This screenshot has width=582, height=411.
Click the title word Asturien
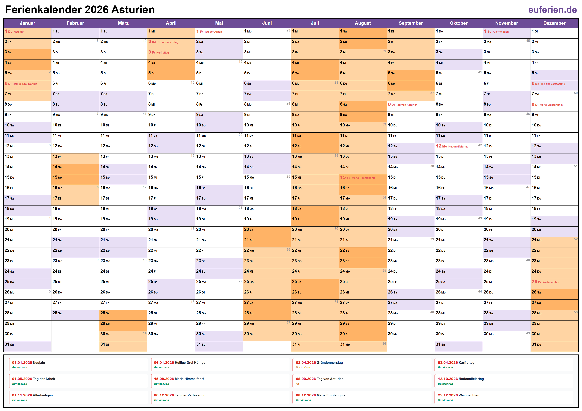click(133, 10)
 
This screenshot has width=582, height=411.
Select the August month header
click(363, 23)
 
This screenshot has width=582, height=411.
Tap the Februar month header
click(75, 23)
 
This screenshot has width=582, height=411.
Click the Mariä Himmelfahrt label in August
click(363, 178)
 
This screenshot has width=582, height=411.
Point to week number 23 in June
click(288, 30)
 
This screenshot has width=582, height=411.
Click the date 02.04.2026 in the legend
click(306, 363)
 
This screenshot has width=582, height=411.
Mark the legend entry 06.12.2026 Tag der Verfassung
click(180, 395)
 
